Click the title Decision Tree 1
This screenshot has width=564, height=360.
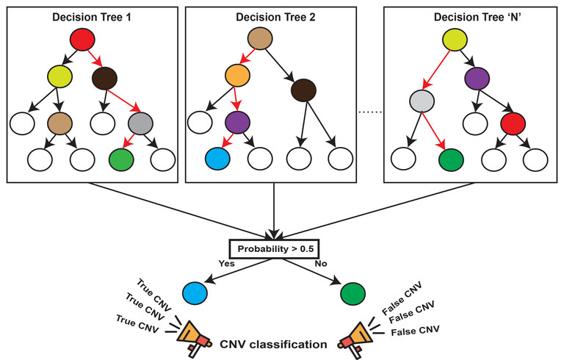click(92, 18)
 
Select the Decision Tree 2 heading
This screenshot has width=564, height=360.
click(275, 18)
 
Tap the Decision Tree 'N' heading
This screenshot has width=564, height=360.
click(477, 18)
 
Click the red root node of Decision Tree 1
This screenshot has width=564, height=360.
click(82, 39)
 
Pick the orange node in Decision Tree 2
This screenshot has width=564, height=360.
click(237, 75)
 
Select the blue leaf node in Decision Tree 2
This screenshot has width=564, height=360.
click(217, 159)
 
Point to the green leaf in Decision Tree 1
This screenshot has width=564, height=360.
click(121, 159)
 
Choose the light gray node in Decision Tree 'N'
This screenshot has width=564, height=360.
click(422, 101)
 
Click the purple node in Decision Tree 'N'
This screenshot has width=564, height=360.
click(477, 79)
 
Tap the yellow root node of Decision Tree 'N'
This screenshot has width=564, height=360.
click(455, 39)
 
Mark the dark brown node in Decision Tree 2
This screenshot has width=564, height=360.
click(304, 90)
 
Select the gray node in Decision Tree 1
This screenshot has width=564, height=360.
click(141, 123)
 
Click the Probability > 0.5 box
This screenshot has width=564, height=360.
click(274, 249)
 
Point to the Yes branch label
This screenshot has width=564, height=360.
click(227, 264)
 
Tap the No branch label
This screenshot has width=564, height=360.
click(321, 264)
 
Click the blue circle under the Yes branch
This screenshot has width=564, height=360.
click(195, 293)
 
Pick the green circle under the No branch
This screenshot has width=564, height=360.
click(352, 293)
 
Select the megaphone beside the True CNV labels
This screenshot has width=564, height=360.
click(193, 339)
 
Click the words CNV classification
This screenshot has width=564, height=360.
click(273, 345)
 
